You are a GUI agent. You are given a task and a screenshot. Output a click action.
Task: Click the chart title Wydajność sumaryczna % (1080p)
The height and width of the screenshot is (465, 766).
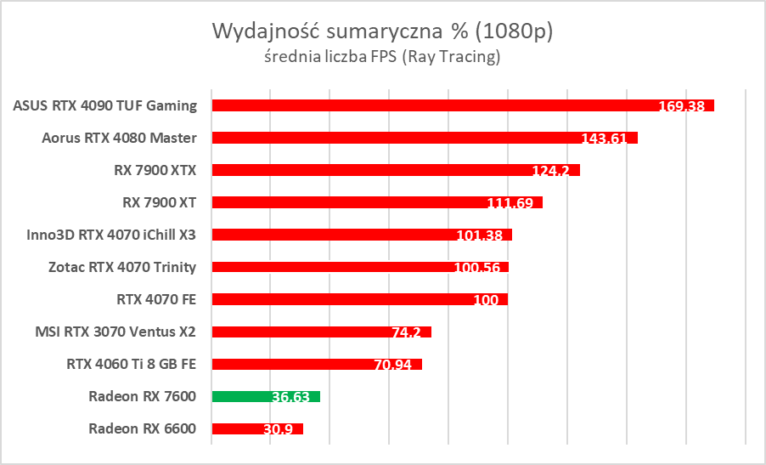pos(382,32)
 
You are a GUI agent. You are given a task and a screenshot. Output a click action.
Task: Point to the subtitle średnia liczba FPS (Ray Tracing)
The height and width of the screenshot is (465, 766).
pos(382,58)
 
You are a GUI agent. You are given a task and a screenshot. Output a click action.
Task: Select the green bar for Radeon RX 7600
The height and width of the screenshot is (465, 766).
pos(266,396)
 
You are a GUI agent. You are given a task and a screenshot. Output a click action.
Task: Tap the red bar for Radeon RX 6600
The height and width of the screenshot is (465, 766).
pos(257,428)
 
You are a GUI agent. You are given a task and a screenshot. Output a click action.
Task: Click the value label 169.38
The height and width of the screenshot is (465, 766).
pos(684,107)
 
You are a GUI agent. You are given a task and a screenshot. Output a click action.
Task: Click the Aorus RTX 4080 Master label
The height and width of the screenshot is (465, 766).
pos(119,138)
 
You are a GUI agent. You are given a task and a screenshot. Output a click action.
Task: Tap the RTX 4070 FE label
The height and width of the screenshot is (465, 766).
pos(156,299)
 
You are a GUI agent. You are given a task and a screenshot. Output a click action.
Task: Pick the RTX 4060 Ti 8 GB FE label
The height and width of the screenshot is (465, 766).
pos(132,364)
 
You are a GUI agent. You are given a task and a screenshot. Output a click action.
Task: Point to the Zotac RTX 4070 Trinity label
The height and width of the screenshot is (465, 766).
pos(122,267)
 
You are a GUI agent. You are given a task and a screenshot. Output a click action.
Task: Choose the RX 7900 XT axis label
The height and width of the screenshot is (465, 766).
pos(160,202)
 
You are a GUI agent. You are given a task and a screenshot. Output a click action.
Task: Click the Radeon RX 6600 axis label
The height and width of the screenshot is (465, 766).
pos(142,428)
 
